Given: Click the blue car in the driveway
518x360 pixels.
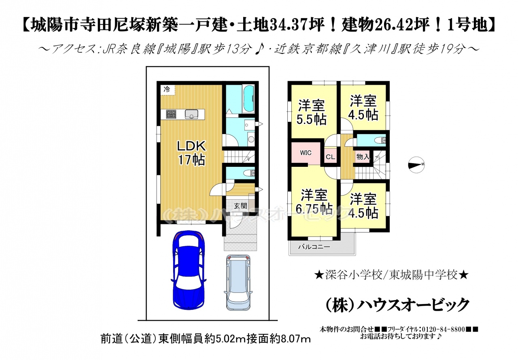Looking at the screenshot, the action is pyautogui.click(x=189, y=270).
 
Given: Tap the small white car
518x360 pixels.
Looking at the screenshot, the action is pyautogui.click(x=239, y=283).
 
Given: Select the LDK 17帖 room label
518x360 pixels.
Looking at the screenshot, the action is pyautogui.click(x=191, y=153).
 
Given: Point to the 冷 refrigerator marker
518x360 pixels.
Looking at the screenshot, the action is pyautogui.click(x=167, y=89).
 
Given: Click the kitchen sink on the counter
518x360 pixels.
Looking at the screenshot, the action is pyautogui.click(x=191, y=114).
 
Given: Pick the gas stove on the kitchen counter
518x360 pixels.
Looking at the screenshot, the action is pyautogui.click(x=171, y=114).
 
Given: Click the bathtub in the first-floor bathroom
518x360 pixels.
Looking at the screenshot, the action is pyautogui.click(x=248, y=99).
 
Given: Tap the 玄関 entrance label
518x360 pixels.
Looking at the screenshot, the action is pyautogui.click(x=240, y=206).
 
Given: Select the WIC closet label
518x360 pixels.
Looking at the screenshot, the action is pyautogui.click(x=306, y=153).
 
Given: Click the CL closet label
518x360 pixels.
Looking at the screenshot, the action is pyautogui.click(x=331, y=157).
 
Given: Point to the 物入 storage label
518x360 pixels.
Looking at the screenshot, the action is pyautogui.click(x=363, y=157).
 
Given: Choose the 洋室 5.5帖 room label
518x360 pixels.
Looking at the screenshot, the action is pyautogui.click(x=312, y=113).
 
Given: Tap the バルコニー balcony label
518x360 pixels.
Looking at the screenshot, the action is pyautogui.click(x=314, y=247).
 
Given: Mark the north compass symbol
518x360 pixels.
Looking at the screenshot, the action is pyautogui.click(x=416, y=165).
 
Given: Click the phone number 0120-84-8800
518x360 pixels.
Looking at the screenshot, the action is pyautogui.click(x=444, y=329).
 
